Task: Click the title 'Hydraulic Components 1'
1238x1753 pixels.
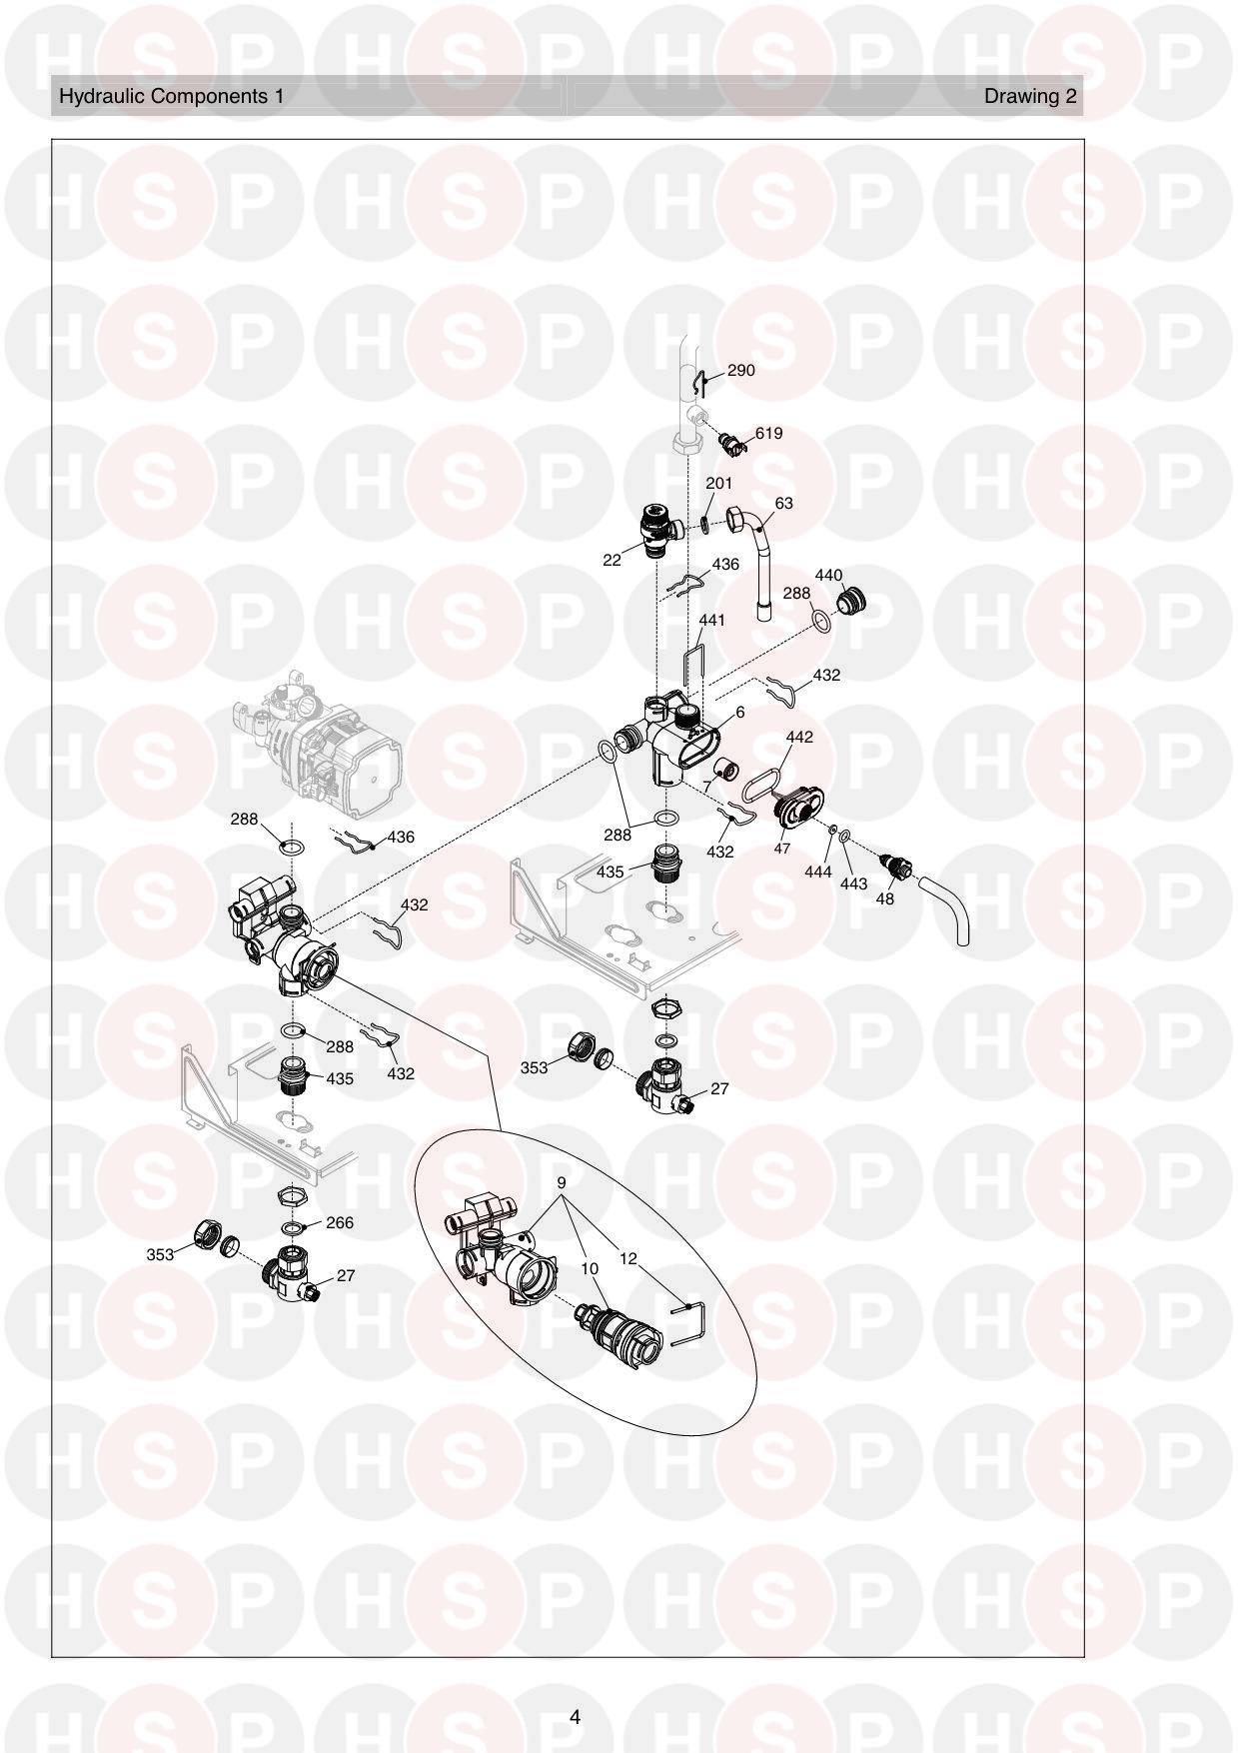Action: [172, 96]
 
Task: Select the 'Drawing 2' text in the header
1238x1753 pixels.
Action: [1030, 96]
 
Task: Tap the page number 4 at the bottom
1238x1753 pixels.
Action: [575, 1717]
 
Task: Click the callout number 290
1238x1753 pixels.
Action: [740, 370]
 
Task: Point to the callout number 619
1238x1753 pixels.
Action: [768, 433]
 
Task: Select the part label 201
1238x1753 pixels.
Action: [719, 483]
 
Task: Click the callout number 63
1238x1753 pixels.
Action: [784, 503]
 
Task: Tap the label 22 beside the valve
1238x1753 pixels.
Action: [612, 560]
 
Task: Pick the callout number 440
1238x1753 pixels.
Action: [829, 575]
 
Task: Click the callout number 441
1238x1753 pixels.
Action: [712, 620]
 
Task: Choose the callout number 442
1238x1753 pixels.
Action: [799, 737]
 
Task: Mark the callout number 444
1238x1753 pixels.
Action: [818, 873]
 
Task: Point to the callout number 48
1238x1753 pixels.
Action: [884, 898]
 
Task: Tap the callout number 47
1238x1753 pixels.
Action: [781, 849]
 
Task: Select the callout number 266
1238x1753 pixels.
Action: [340, 1222]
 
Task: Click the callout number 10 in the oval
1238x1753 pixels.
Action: [590, 1268]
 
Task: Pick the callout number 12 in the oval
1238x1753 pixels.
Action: [627, 1258]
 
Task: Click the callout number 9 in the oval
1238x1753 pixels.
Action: [562, 1182]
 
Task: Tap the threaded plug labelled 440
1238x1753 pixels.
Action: [852, 602]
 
